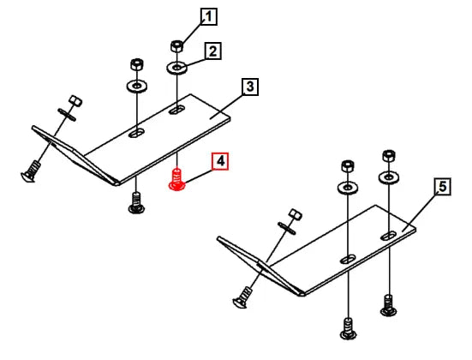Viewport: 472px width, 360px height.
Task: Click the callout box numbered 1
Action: point(209,16)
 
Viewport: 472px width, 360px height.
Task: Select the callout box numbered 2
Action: point(212,51)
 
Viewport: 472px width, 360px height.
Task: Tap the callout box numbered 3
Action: point(250,87)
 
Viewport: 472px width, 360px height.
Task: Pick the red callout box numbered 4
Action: point(220,161)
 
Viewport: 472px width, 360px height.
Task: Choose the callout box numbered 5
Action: point(443,187)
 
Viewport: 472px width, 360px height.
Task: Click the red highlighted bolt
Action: point(177,180)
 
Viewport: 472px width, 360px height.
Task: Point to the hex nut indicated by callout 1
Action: point(176,45)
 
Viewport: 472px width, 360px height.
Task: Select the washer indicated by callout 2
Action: point(176,67)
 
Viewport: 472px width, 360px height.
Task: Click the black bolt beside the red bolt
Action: point(136,202)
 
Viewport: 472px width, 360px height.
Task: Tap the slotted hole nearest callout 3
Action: point(176,110)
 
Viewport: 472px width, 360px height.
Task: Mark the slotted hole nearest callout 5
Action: point(389,236)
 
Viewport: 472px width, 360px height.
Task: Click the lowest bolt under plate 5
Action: point(348,328)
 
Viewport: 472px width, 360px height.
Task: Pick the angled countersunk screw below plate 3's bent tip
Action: point(30,171)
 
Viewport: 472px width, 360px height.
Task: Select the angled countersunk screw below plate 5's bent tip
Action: point(242,297)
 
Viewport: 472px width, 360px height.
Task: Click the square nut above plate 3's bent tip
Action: point(75,100)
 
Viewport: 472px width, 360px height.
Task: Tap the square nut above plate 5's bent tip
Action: point(296,214)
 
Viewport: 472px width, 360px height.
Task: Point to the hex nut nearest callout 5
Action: point(389,155)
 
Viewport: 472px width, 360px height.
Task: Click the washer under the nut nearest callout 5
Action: point(389,177)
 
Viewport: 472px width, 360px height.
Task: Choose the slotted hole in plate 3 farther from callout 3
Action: point(136,133)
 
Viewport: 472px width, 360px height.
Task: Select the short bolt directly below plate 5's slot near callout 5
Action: point(388,305)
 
